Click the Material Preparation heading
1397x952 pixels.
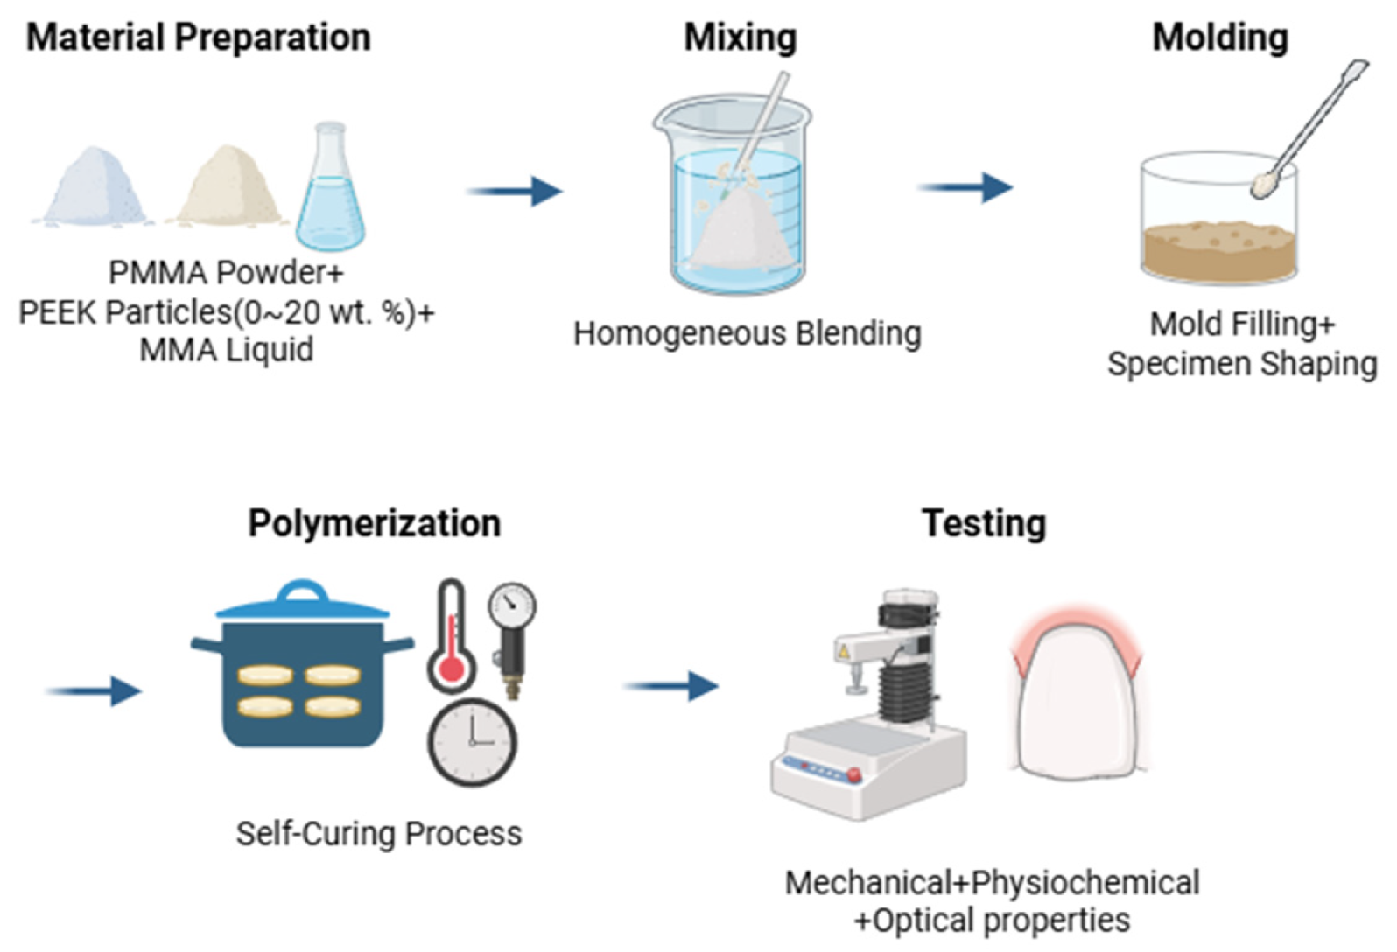199,38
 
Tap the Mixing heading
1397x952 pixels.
741,38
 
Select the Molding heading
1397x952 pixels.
1220,38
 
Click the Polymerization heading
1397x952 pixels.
375,523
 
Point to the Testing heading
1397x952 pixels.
984,523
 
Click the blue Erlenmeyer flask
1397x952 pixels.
330,197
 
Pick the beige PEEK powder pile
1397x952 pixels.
228,188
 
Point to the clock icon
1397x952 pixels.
472,742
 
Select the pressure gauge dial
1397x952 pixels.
512,605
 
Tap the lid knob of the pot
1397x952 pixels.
302,592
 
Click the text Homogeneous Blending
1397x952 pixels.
748,333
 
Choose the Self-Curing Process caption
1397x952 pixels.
379,833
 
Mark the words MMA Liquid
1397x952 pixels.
227,350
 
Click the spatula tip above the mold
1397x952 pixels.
1263,185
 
